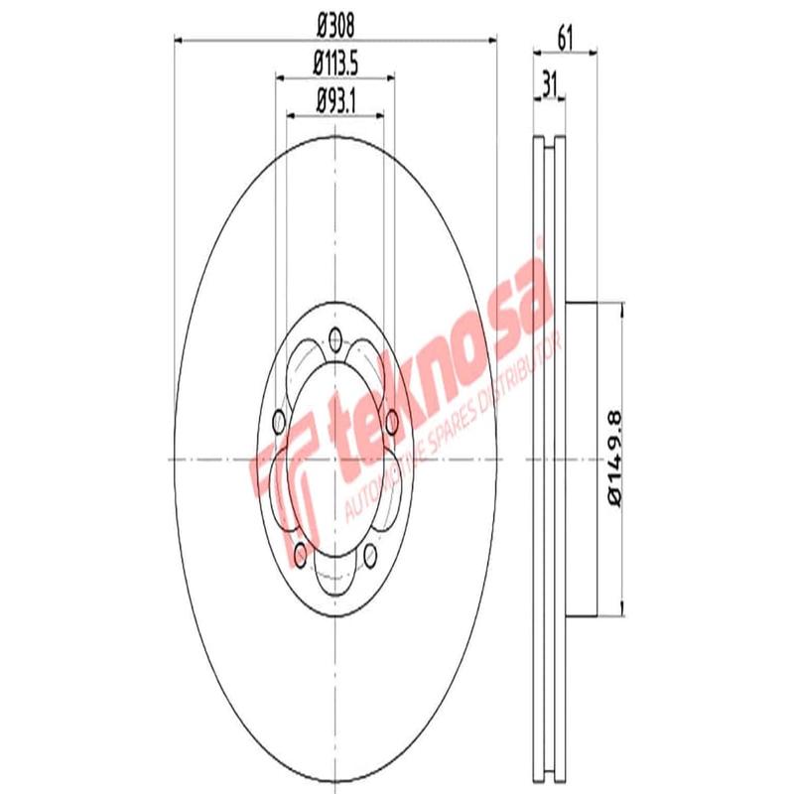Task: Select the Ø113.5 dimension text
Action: point(335,62)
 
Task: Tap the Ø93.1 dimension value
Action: point(335,99)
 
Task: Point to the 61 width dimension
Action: point(566,40)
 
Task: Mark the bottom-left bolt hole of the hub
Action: point(300,551)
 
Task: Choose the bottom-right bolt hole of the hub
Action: point(371,551)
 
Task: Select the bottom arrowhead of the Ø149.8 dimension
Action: point(622,609)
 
